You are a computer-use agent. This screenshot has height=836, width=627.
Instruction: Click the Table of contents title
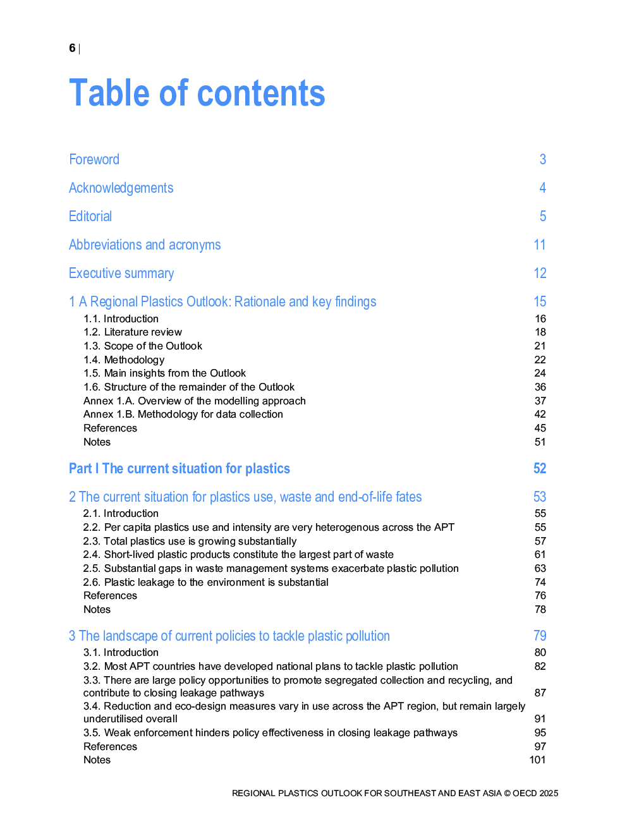click(197, 94)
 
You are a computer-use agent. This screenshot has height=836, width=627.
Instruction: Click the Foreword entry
click(94, 159)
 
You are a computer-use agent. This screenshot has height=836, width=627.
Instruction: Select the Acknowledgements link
click(121, 188)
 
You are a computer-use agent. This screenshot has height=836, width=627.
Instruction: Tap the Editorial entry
click(90, 216)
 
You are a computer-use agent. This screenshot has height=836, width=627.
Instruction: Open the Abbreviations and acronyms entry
click(145, 245)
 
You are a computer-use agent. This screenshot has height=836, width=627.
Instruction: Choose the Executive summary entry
click(121, 273)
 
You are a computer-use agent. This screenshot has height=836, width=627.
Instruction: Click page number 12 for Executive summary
click(540, 273)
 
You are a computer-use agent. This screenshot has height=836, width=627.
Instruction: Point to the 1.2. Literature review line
click(133, 332)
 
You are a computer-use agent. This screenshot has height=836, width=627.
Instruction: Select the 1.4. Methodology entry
click(124, 360)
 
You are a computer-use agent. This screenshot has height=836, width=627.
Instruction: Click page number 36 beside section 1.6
click(540, 387)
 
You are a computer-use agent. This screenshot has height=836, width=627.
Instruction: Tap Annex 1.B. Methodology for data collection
click(183, 415)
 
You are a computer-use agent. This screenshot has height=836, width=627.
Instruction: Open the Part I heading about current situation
click(180, 468)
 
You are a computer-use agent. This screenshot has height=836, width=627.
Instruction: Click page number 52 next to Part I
click(540, 468)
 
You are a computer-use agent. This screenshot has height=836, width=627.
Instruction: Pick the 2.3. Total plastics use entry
click(190, 541)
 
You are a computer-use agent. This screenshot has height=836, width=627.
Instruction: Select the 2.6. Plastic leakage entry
click(206, 582)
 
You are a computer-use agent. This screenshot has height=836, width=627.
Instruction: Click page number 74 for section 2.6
click(540, 582)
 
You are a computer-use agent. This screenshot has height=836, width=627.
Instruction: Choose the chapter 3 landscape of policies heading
click(229, 636)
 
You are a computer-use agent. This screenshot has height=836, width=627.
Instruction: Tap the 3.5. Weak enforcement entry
click(271, 732)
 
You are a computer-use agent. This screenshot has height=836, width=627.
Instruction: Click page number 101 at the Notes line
click(537, 760)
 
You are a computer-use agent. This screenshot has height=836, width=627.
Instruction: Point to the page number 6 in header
click(72, 48)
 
